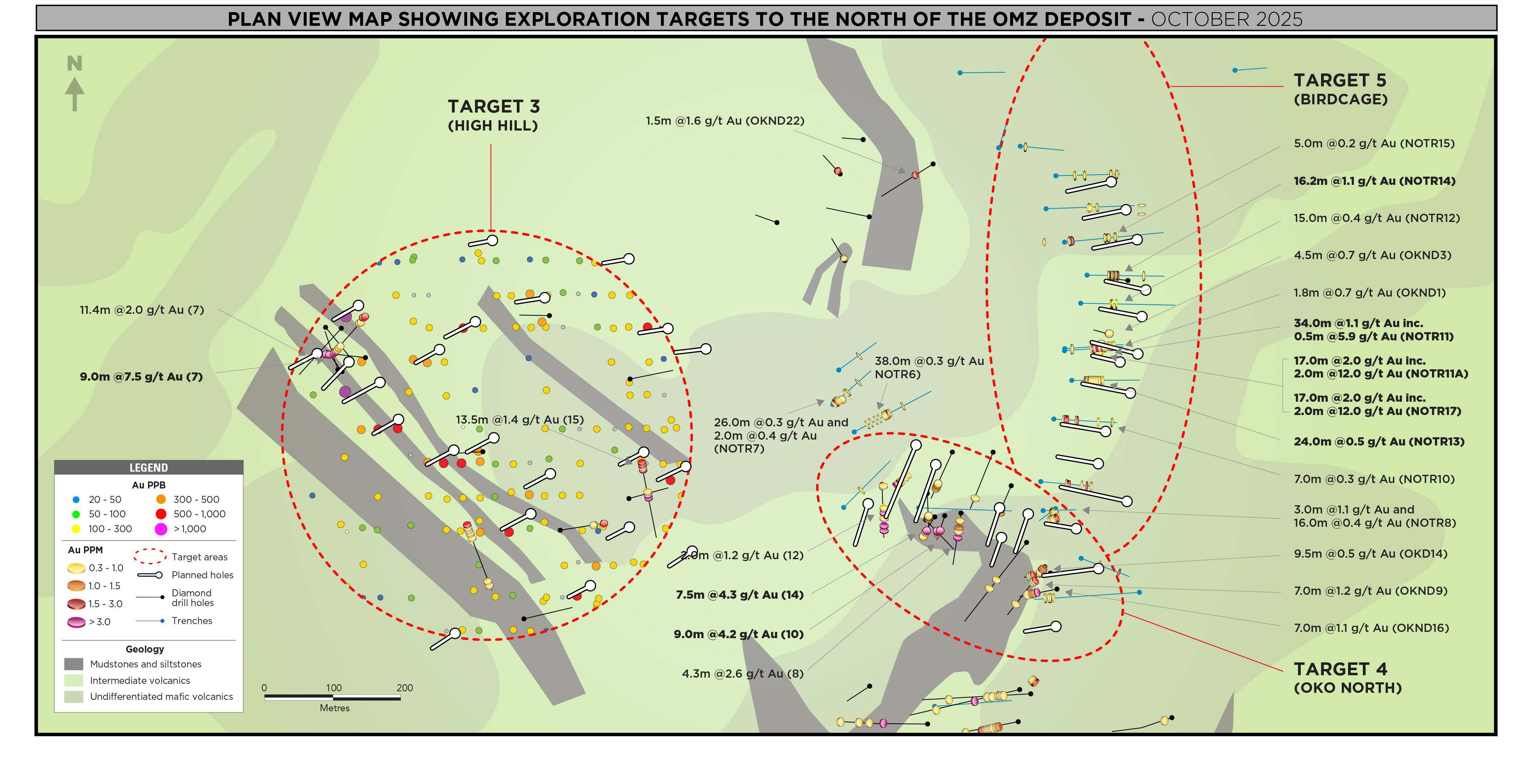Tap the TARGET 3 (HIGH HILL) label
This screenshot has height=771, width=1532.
[x=493, y=115]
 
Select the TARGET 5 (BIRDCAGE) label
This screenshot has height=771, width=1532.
[x=1341, y=89]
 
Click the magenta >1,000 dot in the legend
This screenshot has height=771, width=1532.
[x=161, y=529]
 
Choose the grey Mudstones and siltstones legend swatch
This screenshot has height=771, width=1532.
[x=74, y=664]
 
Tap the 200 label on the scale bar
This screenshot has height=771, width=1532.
[x=404, y=688]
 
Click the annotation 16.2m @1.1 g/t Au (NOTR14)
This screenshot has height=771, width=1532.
[x=1375, y=181]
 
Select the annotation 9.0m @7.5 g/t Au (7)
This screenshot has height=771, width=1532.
[x=141, y=377]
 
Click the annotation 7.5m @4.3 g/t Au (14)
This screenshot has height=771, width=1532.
[x=739, y=594]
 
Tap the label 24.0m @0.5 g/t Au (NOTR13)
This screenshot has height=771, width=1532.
[x=1378, y=442]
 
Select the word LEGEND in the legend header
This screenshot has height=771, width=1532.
[x=149, y=468]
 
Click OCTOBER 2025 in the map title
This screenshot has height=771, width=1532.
[x=1226, y=19]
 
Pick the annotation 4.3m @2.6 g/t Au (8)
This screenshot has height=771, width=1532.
[x=742, y=673]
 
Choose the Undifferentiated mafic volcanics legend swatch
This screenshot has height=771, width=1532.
[x=74, y=697]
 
